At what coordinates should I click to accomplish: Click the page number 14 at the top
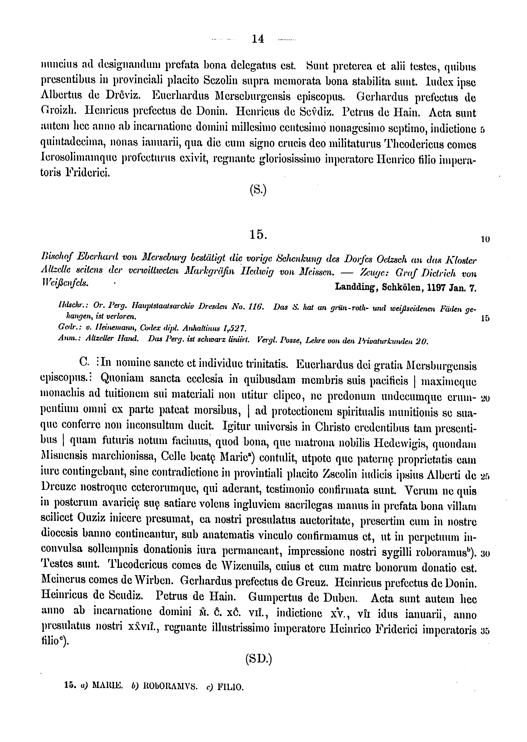[258, 39]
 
